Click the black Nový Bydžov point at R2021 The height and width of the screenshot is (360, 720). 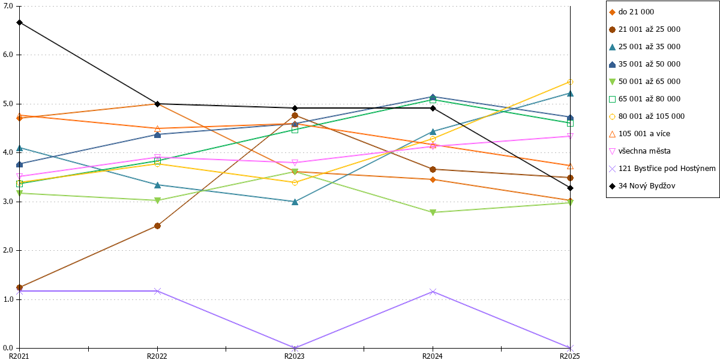pyautogui.click(x=20, y=23)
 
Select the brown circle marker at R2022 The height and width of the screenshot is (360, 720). pyautogui.click(x=157, y=226)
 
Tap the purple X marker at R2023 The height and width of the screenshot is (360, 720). pyautogui.click(x=295, y=348)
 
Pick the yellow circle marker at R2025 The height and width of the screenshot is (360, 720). pyautogui.click(x=570, y=82)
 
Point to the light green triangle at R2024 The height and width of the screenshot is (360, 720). pyautogui.click(x=433, y=212)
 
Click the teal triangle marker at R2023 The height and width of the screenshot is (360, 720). pyautogui.click(x=295, y=202)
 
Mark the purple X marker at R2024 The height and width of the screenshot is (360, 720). pyautogui.click(x=433, y=292)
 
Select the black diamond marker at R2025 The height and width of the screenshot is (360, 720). pyautogui.click(x=570, y=188)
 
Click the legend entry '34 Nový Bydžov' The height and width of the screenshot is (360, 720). pyautogui.click(x=647, y=186)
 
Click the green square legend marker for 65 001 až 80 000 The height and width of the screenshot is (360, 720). pyautogui.click(x=613, y=99)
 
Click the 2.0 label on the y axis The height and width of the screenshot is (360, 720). pyautogui.click(x=8, y=250)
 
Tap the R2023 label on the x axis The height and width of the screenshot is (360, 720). pyautogui.click(x=295, y=356)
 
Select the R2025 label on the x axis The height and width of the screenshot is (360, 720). pyautogui.click(x=570, y=356)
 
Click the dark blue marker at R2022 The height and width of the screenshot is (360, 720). pyautogui.click(x=157, y=134)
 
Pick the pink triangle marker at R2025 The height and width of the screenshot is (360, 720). pyautogui.click(x=570, y=136)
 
